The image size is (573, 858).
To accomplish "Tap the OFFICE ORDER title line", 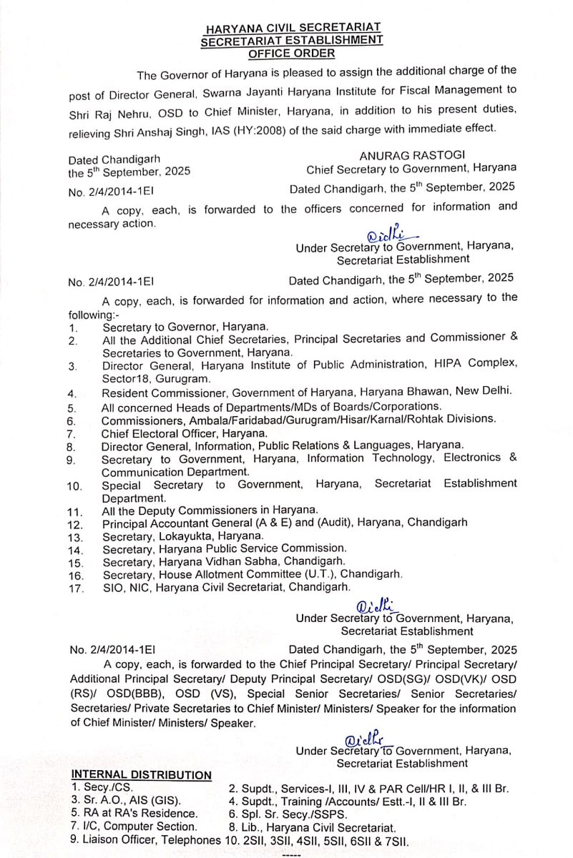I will (291, 52).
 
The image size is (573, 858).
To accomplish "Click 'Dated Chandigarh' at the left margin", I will (114, 159).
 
